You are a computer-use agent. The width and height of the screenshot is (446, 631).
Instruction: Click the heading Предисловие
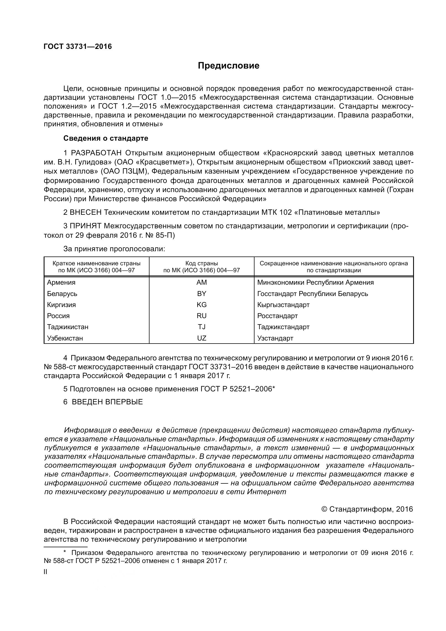click(x=229, y=66)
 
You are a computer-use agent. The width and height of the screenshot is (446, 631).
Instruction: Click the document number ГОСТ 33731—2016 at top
click(x=78, y=46)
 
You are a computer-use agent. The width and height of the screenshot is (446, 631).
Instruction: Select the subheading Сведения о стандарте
click(x=106, y=138)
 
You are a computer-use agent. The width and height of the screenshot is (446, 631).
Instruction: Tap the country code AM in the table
click(x=201, y=282)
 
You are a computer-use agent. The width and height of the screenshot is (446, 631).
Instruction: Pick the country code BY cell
click(x=201, y=294)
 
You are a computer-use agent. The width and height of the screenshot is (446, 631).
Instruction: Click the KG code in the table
click(x=201, y=305)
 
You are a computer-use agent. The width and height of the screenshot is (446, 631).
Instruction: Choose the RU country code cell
click(x=201, y=316)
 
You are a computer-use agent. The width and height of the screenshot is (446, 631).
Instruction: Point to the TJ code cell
click(x=201, y=327)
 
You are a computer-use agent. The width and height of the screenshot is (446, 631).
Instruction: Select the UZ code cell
click(x=201, y=338)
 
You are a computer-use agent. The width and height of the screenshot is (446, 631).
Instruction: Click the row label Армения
click(x=61, y=282)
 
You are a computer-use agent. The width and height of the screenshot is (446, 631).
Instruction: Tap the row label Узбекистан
click(x=65, y=338)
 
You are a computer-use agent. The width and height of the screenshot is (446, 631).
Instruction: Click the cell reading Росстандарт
click(x=277, y=316)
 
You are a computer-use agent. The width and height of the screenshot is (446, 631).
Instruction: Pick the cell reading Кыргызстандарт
click(x=283, y=305)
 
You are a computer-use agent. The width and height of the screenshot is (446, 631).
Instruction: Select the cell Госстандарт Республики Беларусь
click(x=313, y=294)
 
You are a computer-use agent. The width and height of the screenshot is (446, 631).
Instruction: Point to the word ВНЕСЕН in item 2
click(x=86, y=212)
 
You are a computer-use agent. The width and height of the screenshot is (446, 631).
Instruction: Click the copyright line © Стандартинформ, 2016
click(x=367, y=509)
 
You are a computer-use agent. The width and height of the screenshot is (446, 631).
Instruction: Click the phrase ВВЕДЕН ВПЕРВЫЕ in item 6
click(x=107, y=402)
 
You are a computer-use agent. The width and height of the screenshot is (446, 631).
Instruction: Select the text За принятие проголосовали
click(x=114, y=249)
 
